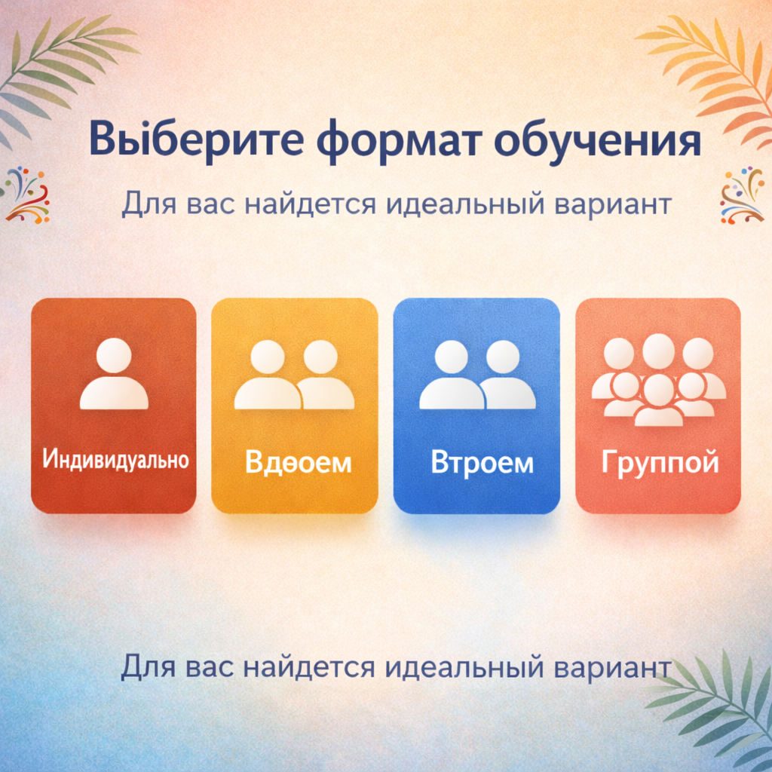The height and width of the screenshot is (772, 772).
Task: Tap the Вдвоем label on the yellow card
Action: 298,461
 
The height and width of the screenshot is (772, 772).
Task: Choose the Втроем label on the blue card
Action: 482,461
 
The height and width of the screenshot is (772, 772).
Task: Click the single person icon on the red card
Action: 114,375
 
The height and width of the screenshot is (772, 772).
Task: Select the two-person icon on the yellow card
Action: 294,375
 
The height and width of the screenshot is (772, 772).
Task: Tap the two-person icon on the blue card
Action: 477,375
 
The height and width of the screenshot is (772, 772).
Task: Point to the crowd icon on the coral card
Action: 658,379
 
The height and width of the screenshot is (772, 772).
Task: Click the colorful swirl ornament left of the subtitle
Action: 27,195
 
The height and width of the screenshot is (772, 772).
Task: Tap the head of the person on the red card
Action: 114,355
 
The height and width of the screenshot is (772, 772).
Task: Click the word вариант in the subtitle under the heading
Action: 611,203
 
